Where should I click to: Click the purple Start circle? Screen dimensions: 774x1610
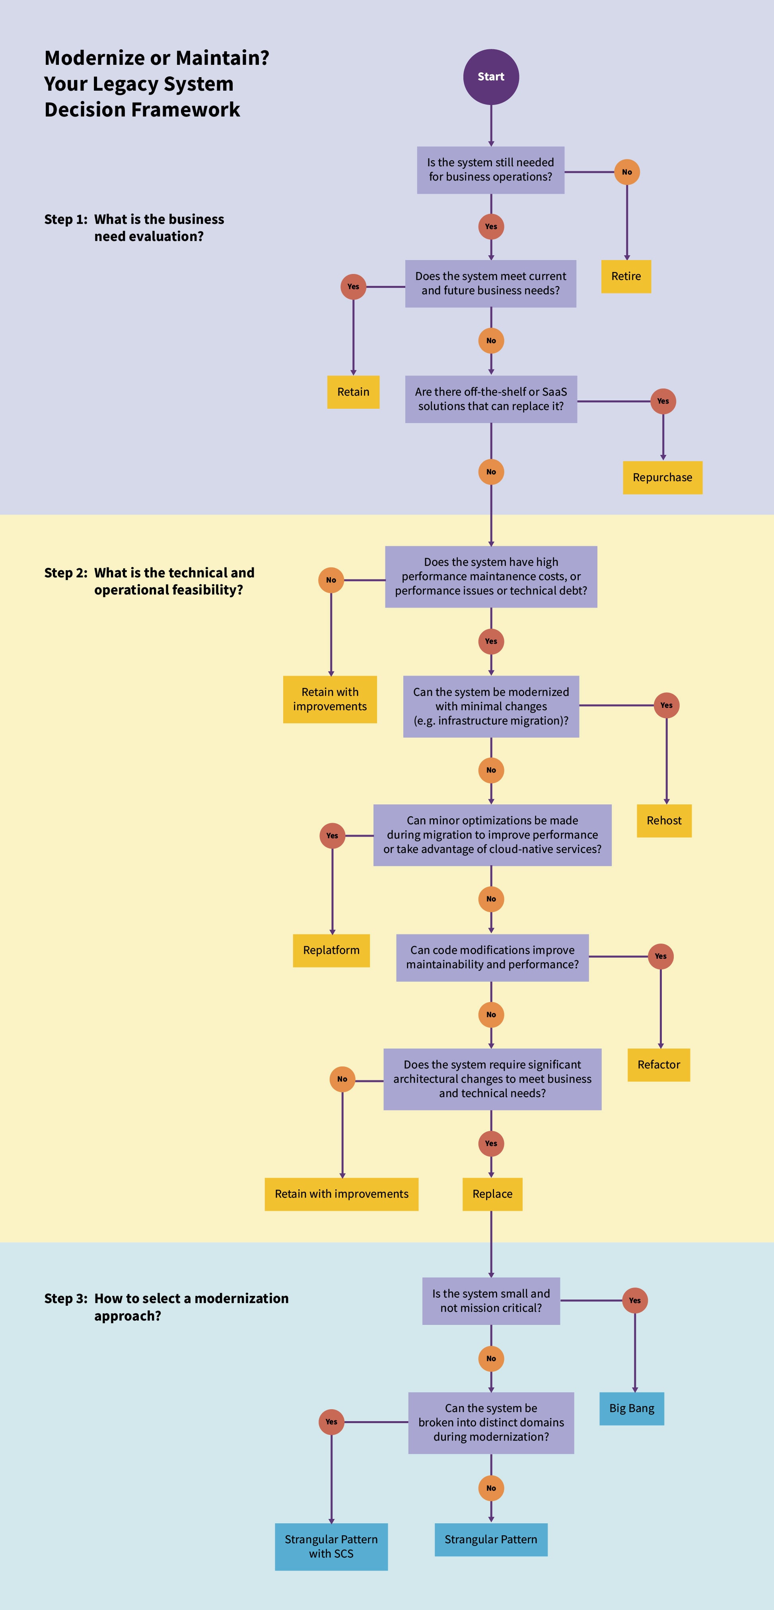click(491, 77)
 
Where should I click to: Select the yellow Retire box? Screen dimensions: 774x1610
click(626, 276)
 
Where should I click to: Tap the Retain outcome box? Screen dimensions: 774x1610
click(353, 392)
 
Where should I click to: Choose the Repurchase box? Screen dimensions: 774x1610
click(663, 478)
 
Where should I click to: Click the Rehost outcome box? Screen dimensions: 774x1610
click(664, 821)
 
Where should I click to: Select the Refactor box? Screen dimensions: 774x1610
click(659, 1065)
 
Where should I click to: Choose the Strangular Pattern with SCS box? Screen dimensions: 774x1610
click(331, 1547)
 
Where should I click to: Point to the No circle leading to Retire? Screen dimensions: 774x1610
click(627, 172)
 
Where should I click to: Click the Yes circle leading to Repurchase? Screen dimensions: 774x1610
click(663, 401)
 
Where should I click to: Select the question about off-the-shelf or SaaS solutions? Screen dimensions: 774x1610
click(491, 399)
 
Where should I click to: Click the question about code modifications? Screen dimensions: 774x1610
click(493, 957)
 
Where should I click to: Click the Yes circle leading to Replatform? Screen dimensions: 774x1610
click(332, 836)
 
